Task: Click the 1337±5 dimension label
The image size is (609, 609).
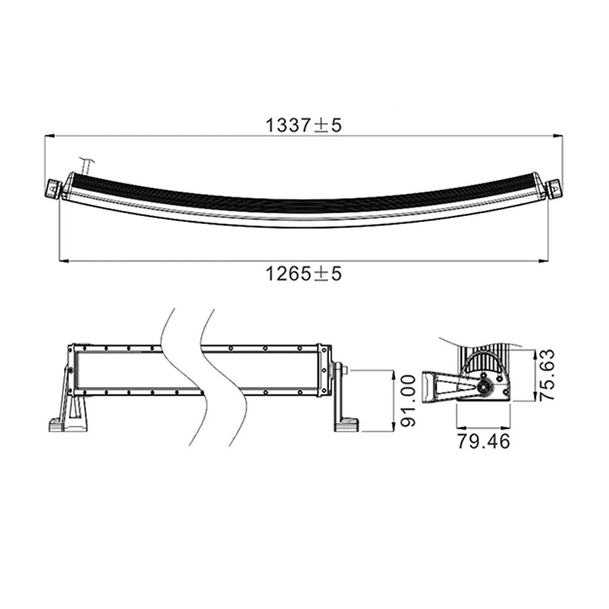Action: [304, 125]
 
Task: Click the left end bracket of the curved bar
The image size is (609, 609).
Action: [54, 188]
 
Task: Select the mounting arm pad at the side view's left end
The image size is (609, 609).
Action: [433, 386]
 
